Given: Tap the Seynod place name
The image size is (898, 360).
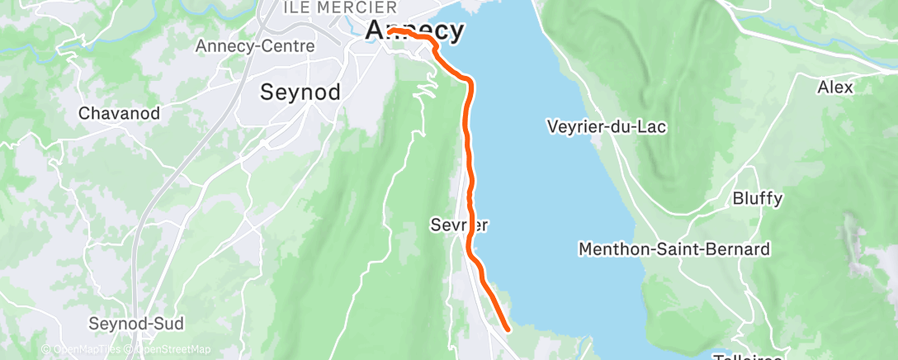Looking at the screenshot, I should [x=300, y=92].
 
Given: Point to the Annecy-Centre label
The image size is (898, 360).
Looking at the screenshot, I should [x=255, y=46].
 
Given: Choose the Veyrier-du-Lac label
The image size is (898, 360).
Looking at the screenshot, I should [x=607, y=127].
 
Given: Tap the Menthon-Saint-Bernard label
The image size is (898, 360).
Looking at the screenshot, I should [x=674, y=249].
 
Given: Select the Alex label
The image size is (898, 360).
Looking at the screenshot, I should [x=834, y=87].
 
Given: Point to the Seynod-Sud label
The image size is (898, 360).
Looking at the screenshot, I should [x=136, y=323].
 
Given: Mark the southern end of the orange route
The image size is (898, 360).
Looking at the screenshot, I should [x=506, y=329].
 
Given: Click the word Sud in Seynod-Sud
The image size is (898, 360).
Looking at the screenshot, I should [x=168, y=323].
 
